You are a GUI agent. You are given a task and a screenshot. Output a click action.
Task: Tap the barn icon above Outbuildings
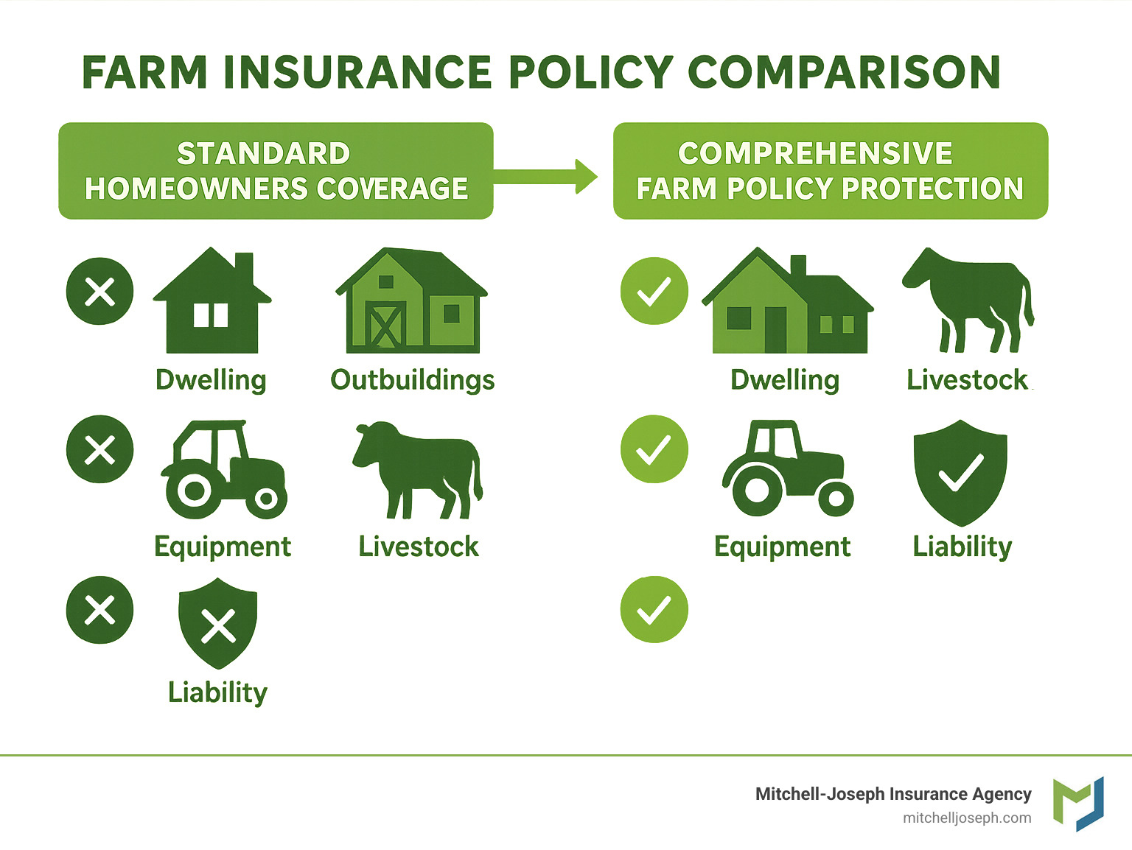click(411, 302)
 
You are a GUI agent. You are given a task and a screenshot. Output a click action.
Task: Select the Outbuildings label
click(412, 380)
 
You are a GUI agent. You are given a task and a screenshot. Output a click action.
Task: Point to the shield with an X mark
click(218, 623)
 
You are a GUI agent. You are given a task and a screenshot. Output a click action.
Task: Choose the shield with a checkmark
click(960, 472)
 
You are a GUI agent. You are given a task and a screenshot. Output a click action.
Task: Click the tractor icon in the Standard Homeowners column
click(223, 470)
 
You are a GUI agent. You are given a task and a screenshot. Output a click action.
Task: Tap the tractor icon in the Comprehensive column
click(786, 469)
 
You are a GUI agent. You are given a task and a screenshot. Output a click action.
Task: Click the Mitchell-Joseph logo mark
click(1078, 803)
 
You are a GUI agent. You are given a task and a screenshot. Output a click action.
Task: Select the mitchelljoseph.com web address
click(967, 818)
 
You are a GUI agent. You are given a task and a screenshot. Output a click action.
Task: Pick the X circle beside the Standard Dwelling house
click(100, 292)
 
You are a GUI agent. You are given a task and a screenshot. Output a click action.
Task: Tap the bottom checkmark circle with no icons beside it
click(654, 610)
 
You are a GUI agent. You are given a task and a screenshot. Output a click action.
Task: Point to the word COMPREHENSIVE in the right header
click(815, 154)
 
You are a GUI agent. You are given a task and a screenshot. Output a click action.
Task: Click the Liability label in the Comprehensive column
click(962, 547)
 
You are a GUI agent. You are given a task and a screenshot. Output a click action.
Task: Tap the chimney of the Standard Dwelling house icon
click(244, 268)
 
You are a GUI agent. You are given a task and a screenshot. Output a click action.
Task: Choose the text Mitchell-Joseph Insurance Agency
click(893, 794)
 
